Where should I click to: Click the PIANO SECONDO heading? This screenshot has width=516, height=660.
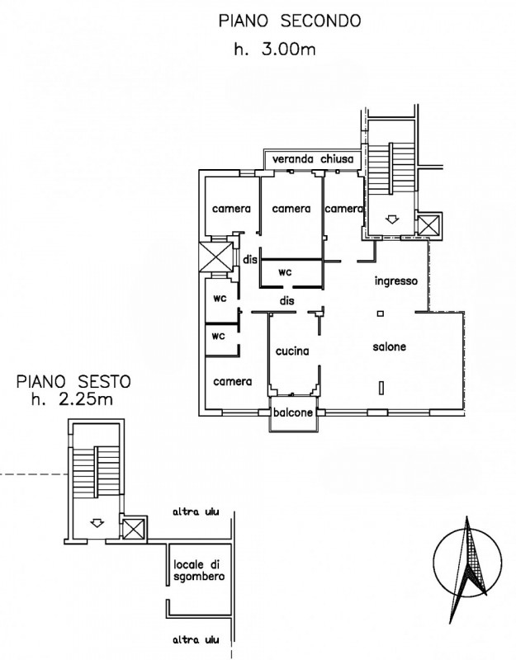[x=290, y=21]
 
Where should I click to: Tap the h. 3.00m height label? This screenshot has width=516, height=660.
[x=275, y=49]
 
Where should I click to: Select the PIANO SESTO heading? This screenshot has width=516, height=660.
[x=73, y=382]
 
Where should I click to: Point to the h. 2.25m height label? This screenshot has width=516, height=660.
[x=72, y=399]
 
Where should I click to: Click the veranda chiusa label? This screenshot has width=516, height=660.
[x=313, y=159]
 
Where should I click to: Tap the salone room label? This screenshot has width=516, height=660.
[x=389, y=346]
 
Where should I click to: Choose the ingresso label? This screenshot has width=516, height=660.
[x=396, y=281]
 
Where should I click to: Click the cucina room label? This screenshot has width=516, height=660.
[x=292, y=351]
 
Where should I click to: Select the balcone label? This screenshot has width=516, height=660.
[x=293, y=412]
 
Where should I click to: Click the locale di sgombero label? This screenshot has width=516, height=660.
[x=199, y=570]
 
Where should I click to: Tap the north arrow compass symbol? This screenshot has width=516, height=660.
[x=467, y=563]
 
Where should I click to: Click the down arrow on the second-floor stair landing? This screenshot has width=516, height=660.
[x=392, y=219]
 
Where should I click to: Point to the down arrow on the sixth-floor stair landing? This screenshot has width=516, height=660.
[x=97, y=523]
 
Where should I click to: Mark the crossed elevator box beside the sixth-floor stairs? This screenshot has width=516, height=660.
[x=134, y=529]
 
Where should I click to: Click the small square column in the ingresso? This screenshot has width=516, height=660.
[x=381, y=313]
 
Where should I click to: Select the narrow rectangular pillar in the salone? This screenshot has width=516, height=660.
[x=381, y=388]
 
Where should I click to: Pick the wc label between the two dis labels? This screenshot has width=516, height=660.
[x=285, y=272]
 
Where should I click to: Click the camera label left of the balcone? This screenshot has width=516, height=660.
[x=233, y=382]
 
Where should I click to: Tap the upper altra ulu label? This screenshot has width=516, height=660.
[x=196, y=512]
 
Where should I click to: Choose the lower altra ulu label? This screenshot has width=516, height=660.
[x=196, y=640]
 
